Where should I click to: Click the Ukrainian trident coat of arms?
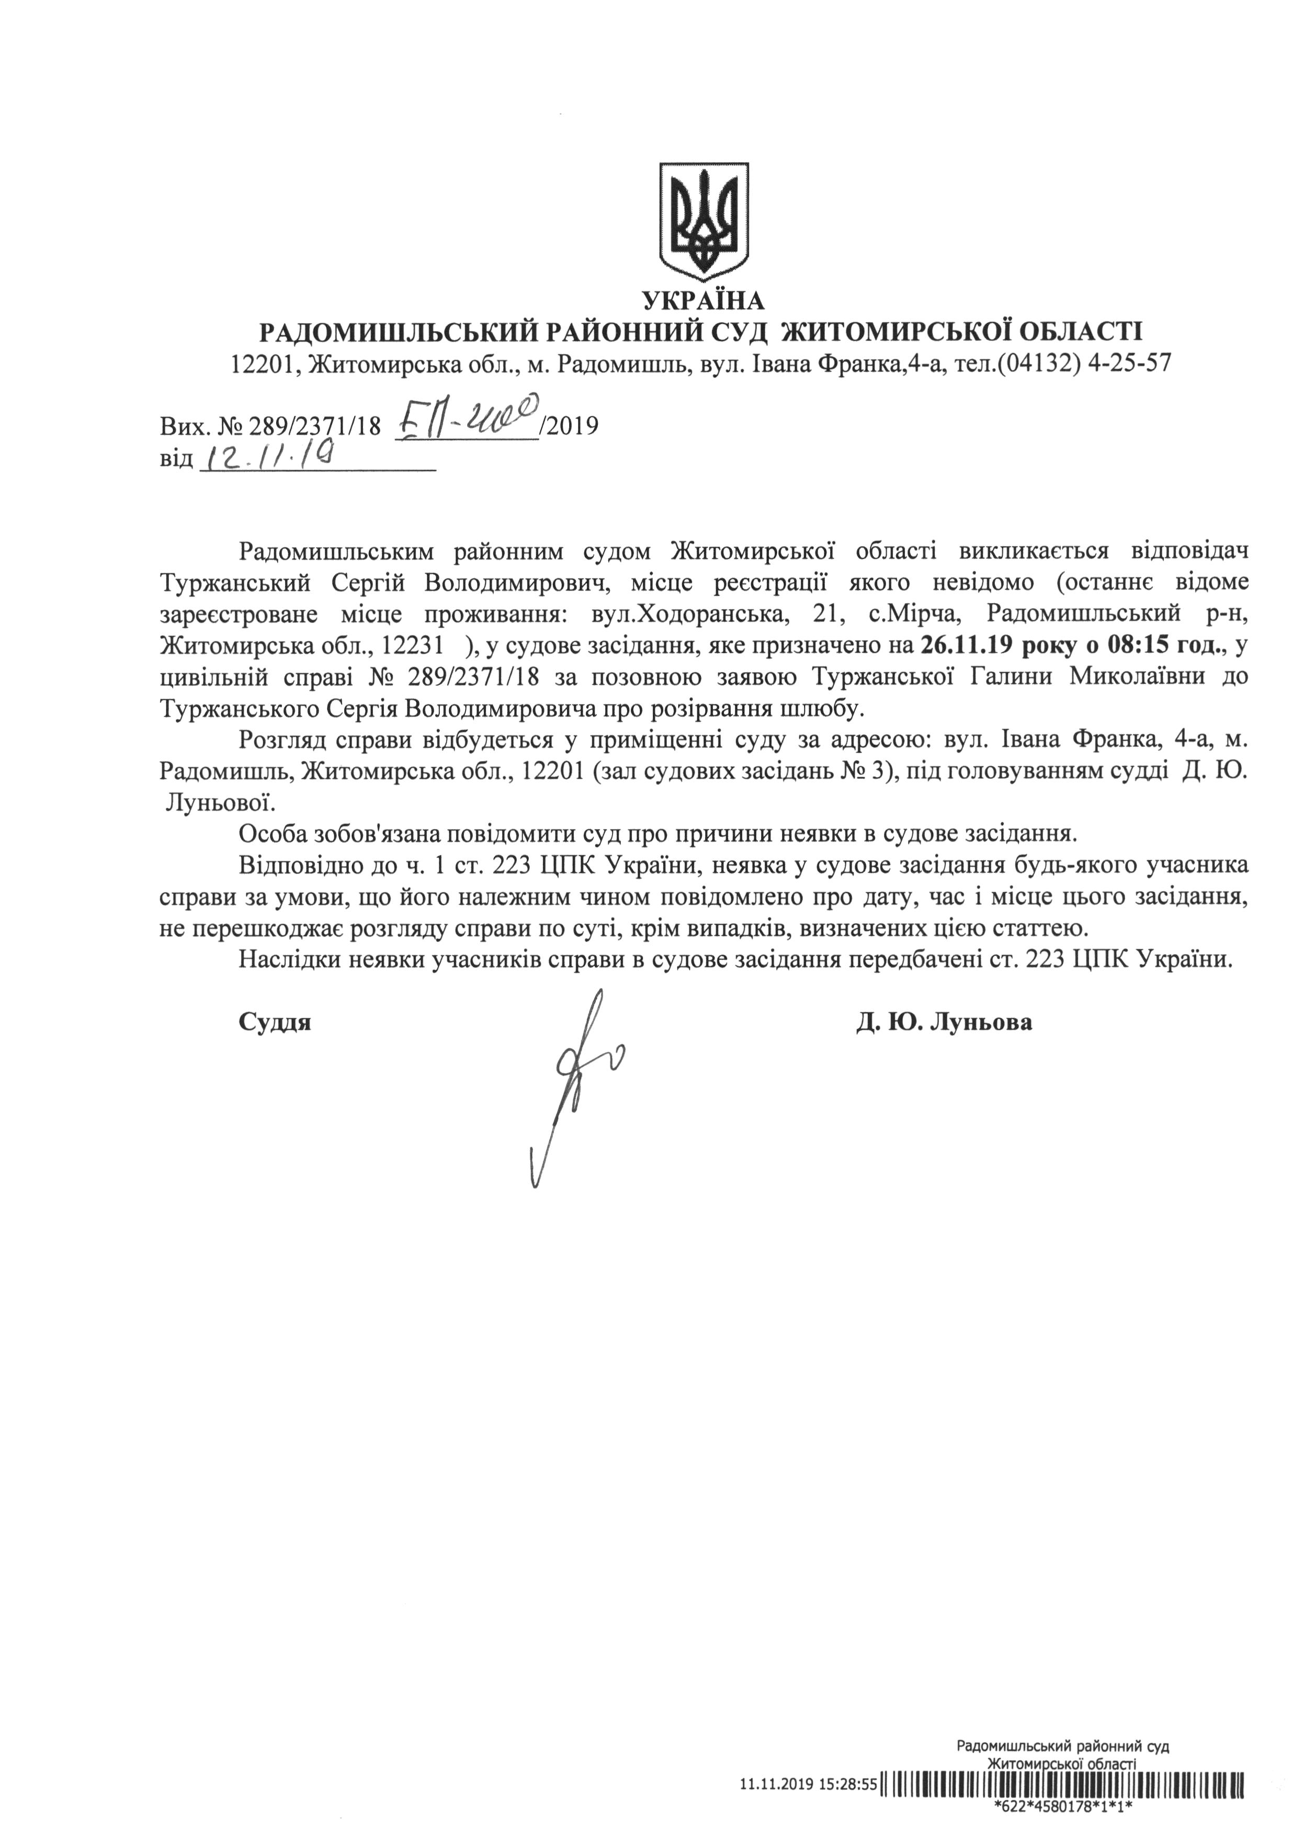coord(704,218)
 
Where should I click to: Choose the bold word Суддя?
coord(275,1022)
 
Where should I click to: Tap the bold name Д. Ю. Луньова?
coord(944,1022)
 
